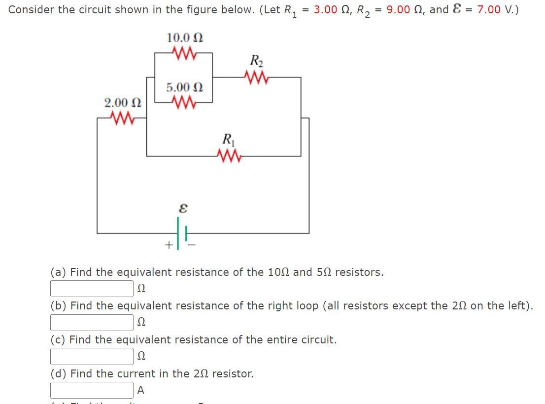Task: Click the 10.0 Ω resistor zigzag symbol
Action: pyautogui.click(x=185, y=52)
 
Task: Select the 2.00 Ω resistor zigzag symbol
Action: pyautogui.click(x=122, y=118)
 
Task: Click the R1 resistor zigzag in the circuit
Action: pyautogui.click(x=228, y=156)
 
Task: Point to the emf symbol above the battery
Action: pyautogui.click(x=183, y=209)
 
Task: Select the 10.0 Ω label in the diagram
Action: pyautogui.click(x=185, y=37)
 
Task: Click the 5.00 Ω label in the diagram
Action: pyautogui.click(x=185, y=88)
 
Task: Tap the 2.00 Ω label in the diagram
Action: pyautogui.click(x=123, y=103)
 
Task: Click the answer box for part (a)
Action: pyautogui.click(x=92, y=289)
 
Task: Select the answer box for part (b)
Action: pyautogui.click(x=92, y=323)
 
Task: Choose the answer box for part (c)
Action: pyautogui.click(x=92, y=356)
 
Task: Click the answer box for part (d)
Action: pyautogui.click(x=92, y=390)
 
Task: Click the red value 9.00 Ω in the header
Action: pyautogui.click(x=404, y=9)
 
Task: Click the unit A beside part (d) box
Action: pyautogui.click(x=141, y=390)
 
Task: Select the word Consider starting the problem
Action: pyautogui.click(x=32, y=9)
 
